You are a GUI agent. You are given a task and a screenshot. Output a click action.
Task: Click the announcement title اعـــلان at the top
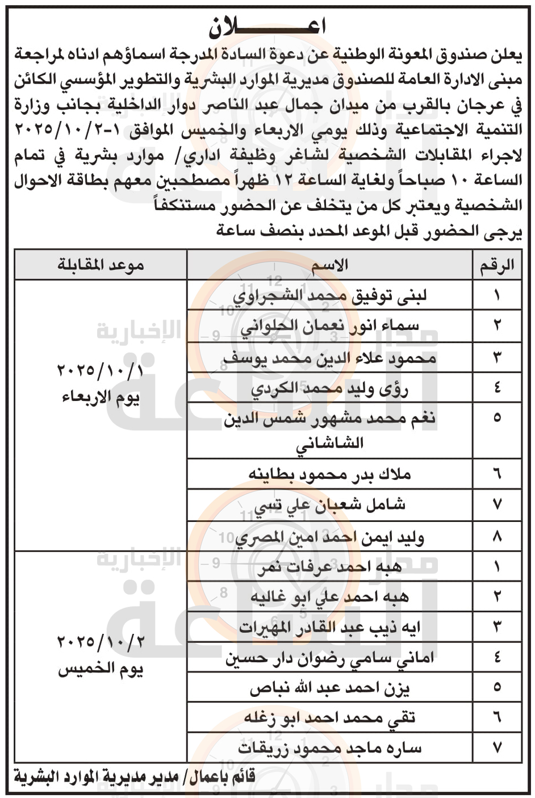[x=267, y=26]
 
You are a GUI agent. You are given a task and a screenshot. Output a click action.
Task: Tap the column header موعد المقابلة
[x=101, y=265]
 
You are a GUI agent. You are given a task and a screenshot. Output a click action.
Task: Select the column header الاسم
[x=330, y=265]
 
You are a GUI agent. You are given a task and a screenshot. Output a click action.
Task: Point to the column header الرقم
[x=497, y=265]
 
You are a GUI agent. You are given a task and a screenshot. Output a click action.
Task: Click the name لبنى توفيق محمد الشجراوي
[x=330, y=296]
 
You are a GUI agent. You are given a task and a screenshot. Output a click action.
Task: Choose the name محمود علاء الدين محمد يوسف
[x=330, y=358]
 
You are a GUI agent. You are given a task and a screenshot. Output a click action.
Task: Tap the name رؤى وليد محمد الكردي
[x=330, y=388]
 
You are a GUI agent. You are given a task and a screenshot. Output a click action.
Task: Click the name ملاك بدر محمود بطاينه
[x=330, y=474]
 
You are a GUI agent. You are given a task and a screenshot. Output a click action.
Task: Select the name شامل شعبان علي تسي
[x=330, y=504]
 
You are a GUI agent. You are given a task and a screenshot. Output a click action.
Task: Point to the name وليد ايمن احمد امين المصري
[x=330, y=536]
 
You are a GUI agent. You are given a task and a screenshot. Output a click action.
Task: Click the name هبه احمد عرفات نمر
[x=330, y=566]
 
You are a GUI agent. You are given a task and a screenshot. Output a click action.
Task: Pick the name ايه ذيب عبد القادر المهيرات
[x=330, y=628]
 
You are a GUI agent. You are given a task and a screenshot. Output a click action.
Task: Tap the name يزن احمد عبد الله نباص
[x=330, y=688]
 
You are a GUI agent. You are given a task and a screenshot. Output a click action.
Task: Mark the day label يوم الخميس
[x=101, y=670]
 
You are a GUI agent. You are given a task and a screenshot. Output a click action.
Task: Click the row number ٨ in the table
[x=497, y=536]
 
